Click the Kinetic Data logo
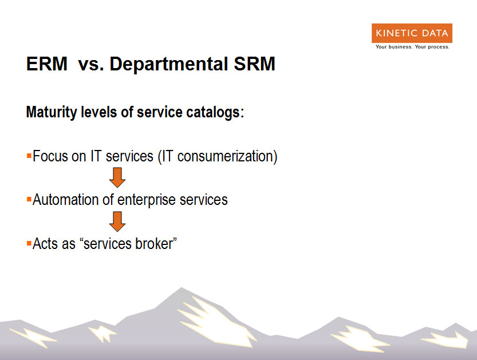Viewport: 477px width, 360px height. point(412,33)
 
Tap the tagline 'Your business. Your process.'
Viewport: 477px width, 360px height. point(412,47)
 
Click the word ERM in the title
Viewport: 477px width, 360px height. point(47,64)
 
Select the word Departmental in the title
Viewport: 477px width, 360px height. point(169,65)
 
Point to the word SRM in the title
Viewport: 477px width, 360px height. point(254,64)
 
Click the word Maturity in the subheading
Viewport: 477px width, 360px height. point(52,112)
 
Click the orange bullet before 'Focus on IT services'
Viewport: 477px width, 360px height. point(29,156)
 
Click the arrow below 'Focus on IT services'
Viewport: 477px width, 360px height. point(117,177)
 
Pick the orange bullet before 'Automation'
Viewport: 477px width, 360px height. point(29,200)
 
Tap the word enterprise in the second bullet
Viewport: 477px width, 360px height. point(147,200)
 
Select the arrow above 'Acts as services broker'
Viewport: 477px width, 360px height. point(117,221)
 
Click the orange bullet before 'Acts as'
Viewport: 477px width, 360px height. point(29,244)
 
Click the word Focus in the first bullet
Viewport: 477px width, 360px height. point(50,156)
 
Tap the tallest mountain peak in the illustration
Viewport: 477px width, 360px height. point(182,288)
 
